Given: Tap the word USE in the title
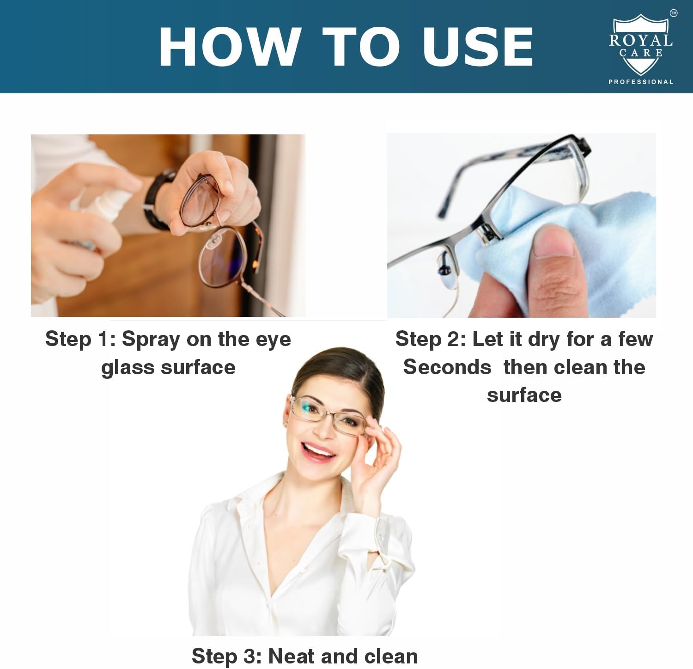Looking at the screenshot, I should (x=478, y=47).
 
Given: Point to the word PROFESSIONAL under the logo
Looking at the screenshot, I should (x=641, y=82).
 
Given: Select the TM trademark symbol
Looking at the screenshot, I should (x=674, y=13).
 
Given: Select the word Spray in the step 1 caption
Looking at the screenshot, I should (x=151, y=340).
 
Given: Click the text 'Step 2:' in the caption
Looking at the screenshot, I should (x=430, y=340).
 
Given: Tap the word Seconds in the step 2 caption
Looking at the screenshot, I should (x=447, y=367).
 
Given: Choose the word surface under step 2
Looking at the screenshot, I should (x=524, y=395).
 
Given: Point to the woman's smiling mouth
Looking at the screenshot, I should (x=318, y=450).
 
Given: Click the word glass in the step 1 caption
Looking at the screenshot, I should (x=128, y=368).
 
